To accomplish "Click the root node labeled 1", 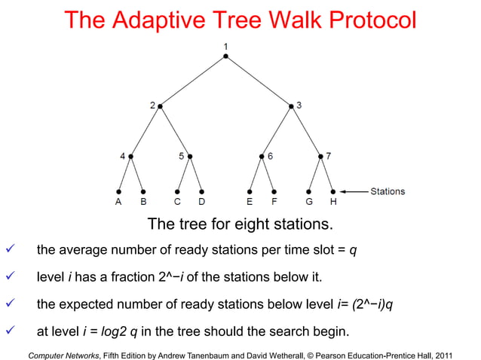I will [225, 56].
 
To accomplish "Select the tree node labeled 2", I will [160, 106].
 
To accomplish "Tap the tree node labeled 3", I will [291, 106].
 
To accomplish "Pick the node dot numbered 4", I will [130, 157].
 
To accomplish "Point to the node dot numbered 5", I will [189, 157].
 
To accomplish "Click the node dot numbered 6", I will [262, 157].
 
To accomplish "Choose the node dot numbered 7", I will [320, 157].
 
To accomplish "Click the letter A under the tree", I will [118, 203].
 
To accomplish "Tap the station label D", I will [201, 203].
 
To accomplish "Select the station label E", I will [250, 203].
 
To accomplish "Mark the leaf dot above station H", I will [332, 191].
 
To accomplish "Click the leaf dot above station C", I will [177, 191].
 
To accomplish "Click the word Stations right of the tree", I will [388, 191].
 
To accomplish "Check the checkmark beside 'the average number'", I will [9, 250].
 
